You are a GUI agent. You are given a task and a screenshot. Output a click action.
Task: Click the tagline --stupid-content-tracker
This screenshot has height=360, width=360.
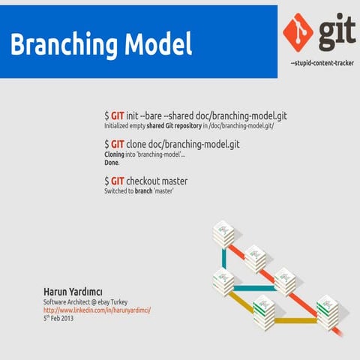[322, 64]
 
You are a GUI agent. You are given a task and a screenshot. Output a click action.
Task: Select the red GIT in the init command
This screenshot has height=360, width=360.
[118, 116]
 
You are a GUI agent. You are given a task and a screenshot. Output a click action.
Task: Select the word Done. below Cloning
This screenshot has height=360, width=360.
[112, 162]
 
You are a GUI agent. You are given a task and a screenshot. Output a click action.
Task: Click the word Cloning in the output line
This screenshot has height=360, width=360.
[115, 154]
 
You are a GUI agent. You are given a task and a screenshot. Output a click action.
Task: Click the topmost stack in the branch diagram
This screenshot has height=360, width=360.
[223, 233]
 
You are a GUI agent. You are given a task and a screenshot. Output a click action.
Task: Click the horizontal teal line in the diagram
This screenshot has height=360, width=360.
[255, 287]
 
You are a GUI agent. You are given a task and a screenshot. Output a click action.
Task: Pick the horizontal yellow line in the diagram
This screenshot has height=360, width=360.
[294, 320]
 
